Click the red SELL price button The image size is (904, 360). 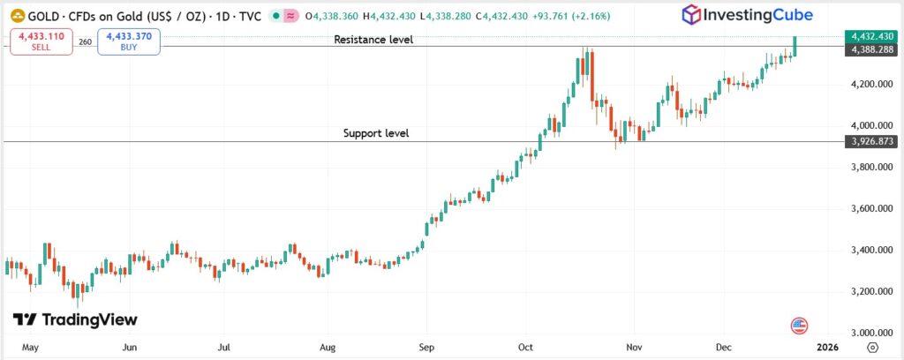tap(41, 41)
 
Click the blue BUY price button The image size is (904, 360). tap(129, 41)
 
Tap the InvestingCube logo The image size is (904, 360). tap(746, 14)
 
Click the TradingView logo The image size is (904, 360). tap(75, 319)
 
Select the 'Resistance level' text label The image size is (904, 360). tap(373, 40)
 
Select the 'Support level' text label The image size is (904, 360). tap(376, 134)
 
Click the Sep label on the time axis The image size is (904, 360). tap(427, 348)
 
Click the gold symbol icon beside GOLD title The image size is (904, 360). tap(16, 16)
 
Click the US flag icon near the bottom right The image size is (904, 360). tap(801, 326)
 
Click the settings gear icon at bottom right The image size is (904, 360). tap(872, 348)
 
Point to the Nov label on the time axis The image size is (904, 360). tap(632, 348)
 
